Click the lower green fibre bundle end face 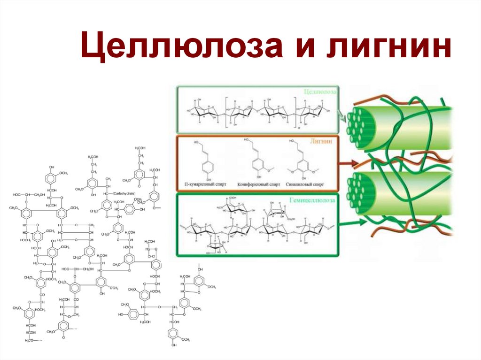pos(361,190)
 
